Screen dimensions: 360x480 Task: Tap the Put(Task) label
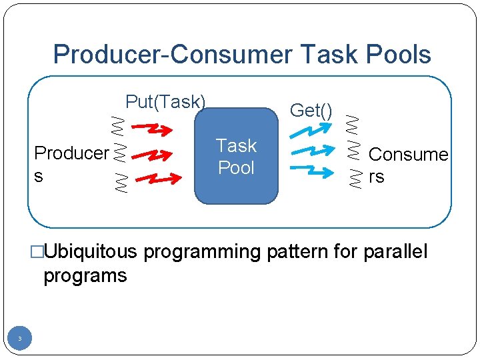coord(165,102)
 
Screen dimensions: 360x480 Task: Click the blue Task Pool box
coord(236,156)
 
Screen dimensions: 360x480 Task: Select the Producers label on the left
coord(71,162)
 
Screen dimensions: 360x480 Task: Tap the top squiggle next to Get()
coord(353,123)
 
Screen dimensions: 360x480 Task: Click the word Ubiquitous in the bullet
coord(90,252)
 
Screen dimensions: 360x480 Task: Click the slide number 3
coord(20,339)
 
